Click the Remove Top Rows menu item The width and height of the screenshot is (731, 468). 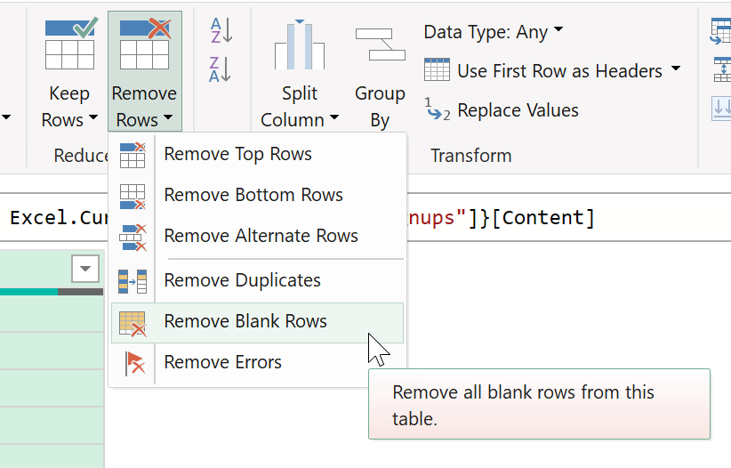[x=237, y=154]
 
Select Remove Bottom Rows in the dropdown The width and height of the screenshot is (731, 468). [x=253, y=195]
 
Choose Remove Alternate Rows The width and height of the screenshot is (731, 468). [x=261, y=236]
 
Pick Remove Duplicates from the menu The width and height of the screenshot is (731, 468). [x=242, y=280]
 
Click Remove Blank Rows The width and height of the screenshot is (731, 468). [x=245, y=321]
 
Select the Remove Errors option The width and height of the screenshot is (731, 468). [x=222, y=362]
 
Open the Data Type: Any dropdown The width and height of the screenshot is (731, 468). [x=494, y=32]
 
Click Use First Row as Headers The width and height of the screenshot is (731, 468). [x=552, y=71]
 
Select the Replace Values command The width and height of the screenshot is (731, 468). [x=502, y=110]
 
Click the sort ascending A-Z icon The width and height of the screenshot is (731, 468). [x=221, y=30]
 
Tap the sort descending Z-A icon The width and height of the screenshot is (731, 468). [x=221, y=69]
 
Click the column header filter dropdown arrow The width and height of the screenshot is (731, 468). [x=85, y=269]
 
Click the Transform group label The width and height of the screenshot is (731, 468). [x=470, y=156]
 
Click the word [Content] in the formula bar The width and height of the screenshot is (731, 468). [x=543, y=218]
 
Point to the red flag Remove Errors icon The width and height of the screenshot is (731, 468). [x=134, y=363]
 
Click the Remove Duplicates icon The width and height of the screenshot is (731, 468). [x=133, y=281]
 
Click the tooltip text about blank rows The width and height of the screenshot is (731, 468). [x=523, y=406]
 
